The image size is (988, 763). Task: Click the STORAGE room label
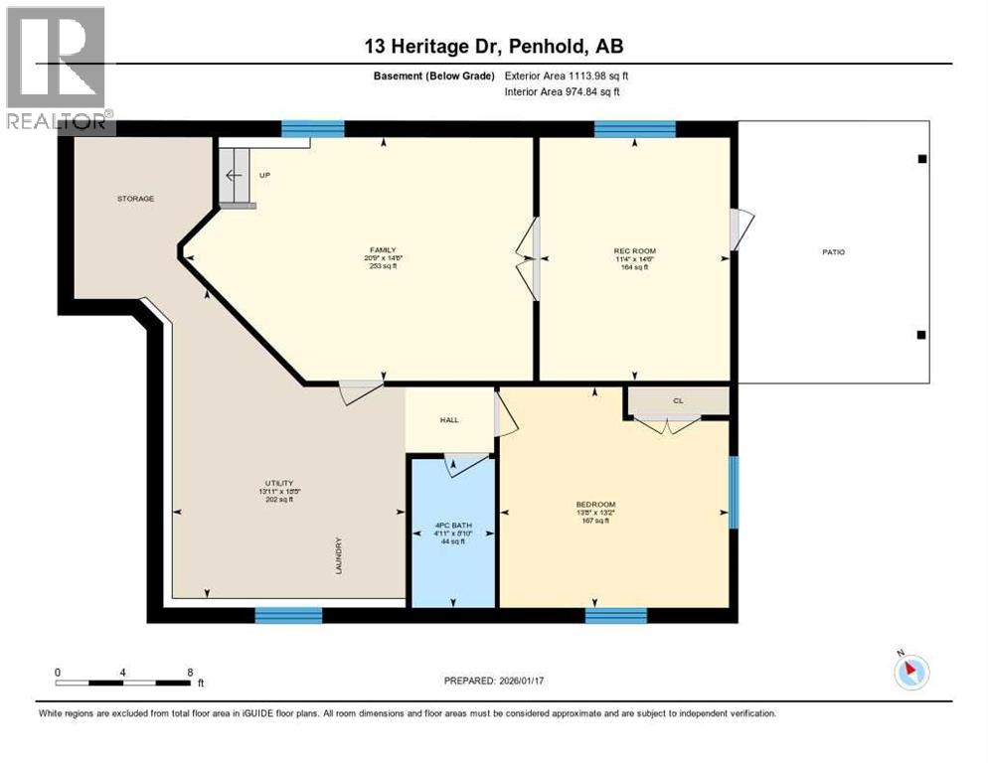click(x=135, y=199)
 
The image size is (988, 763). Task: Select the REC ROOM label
click(x=635, y=251)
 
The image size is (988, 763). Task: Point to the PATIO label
click(x=833, y=252)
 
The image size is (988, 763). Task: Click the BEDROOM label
click(x=595, y=504)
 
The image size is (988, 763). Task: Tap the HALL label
click(x=449, y=420)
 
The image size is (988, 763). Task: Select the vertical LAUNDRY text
click(x=339, y=557)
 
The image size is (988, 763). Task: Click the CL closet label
click(x=678, y=401)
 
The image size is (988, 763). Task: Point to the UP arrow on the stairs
click(x=234, y=176)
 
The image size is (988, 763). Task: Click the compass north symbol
click(x=911, y=671)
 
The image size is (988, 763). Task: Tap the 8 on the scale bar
click(x=190, y=672)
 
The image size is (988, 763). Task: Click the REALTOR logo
click(x=57, y=70)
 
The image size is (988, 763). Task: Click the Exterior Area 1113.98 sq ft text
click(x=567, y=76)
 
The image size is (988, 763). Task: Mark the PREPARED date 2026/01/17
click(x=494, y=681)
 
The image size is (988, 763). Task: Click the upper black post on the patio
click(x=921, y=159)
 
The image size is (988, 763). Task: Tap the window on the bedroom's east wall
click(x=734, y=492)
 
